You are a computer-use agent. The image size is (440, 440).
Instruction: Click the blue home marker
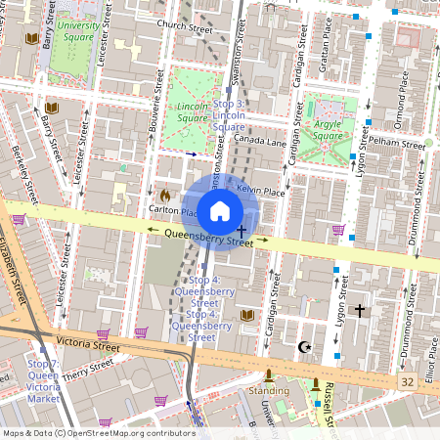click(x=220, y=211)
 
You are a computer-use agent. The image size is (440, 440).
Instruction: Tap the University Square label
click(x=78, y=32)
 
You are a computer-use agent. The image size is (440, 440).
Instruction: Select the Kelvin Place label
click(x=261, y=191)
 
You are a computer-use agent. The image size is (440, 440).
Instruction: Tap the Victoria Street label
click(x=88, y=344)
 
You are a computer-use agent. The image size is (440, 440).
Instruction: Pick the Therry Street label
click(x=85, y=371)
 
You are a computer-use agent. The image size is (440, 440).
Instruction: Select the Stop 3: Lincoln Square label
click(x=228, y=115)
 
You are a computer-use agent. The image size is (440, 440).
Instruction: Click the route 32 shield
click(x=407, y=379)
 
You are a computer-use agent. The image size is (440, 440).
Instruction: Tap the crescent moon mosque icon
click(x=304, y=346)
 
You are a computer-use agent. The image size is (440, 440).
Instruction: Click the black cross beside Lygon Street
click(x=359, y=310)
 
